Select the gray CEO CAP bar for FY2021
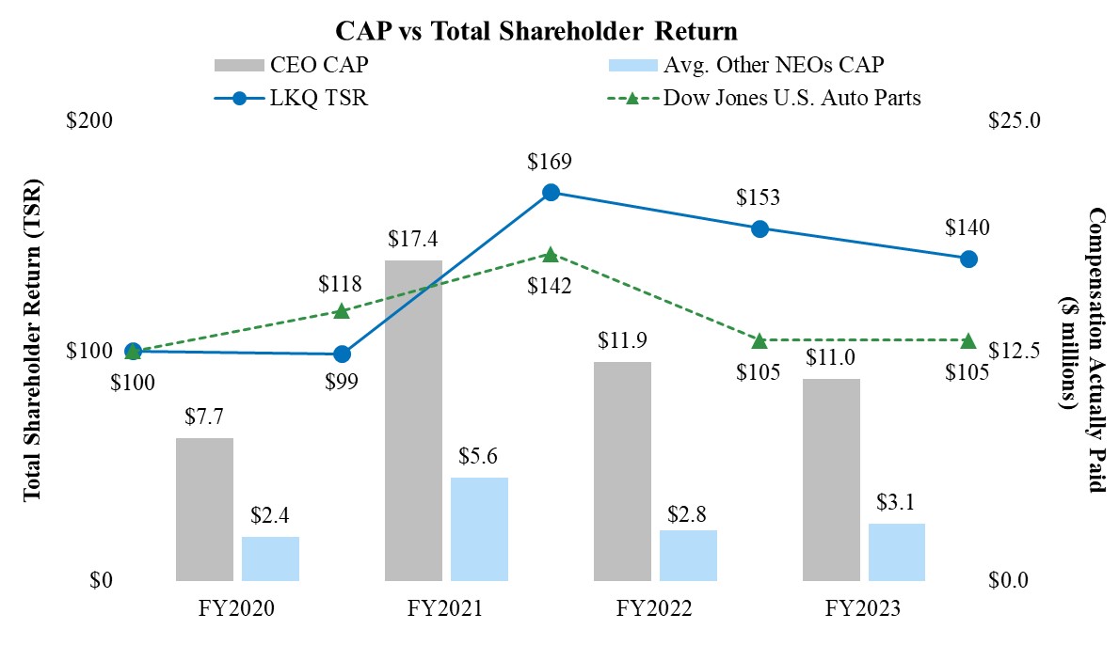[x=413, y=419]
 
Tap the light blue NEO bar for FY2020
[x=270, y=558]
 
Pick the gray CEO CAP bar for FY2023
[x=831, y=480]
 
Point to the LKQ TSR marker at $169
[x=552, y=193]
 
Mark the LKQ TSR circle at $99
[x=343, y=354]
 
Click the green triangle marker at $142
[x=552, y=255]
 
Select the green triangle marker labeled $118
[x=343, y=311]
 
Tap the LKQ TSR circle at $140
[x=968, y=259]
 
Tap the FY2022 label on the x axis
[x=654, y=609]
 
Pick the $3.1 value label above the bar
[x=896, y=503]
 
